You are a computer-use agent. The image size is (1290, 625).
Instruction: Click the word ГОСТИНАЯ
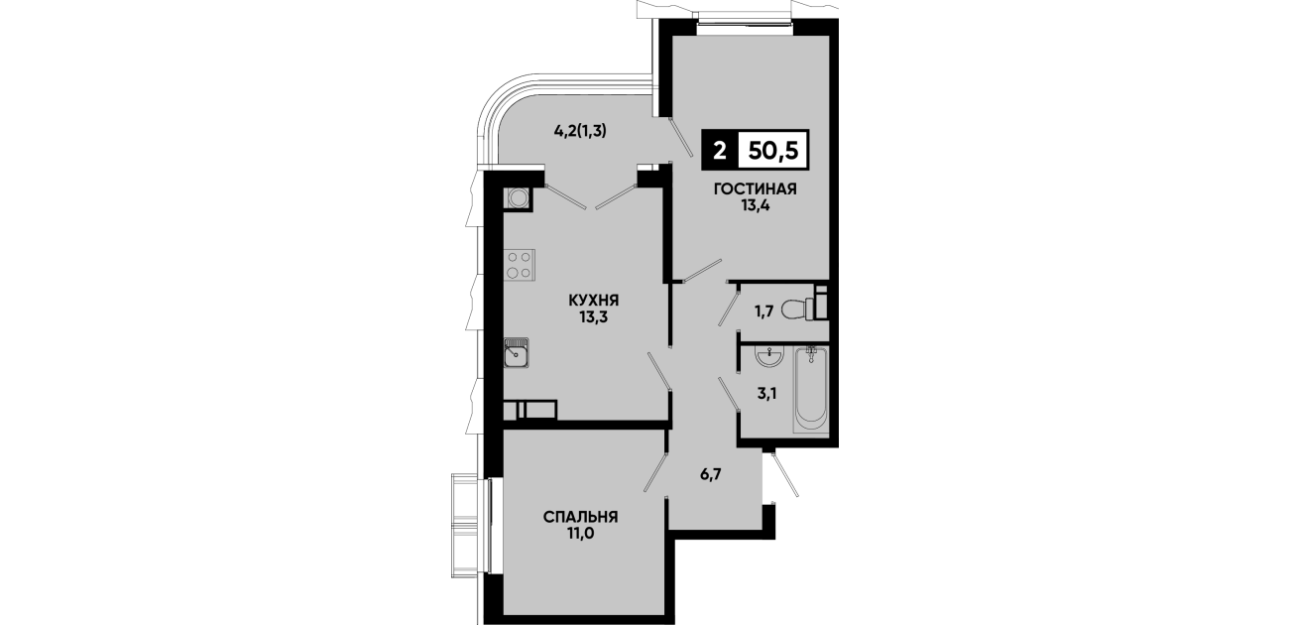(755, 188)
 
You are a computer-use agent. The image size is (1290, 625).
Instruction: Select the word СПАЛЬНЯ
(580, 517)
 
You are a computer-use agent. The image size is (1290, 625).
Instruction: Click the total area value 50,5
(772, 151)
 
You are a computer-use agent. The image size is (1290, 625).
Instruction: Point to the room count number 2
(719, 152)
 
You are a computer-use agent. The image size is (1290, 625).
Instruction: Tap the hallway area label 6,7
(711, 474)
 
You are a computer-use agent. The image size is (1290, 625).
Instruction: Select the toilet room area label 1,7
(763, 312)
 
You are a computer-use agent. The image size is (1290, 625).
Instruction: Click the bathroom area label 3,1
(766, 394)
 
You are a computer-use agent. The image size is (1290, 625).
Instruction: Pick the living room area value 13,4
(755, 205)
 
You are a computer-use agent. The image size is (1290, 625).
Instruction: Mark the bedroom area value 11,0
(580, 534)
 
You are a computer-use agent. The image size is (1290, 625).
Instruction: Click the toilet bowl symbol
(804, 305)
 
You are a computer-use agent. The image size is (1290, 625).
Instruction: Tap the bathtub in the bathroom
(811, 390)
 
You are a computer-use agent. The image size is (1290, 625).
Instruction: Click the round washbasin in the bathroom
(768, 357)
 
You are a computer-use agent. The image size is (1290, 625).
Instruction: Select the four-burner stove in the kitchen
(116, 265)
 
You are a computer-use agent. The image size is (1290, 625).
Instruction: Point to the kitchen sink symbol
(113, 352)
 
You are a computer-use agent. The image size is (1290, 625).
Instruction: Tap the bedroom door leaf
(655, 472)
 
